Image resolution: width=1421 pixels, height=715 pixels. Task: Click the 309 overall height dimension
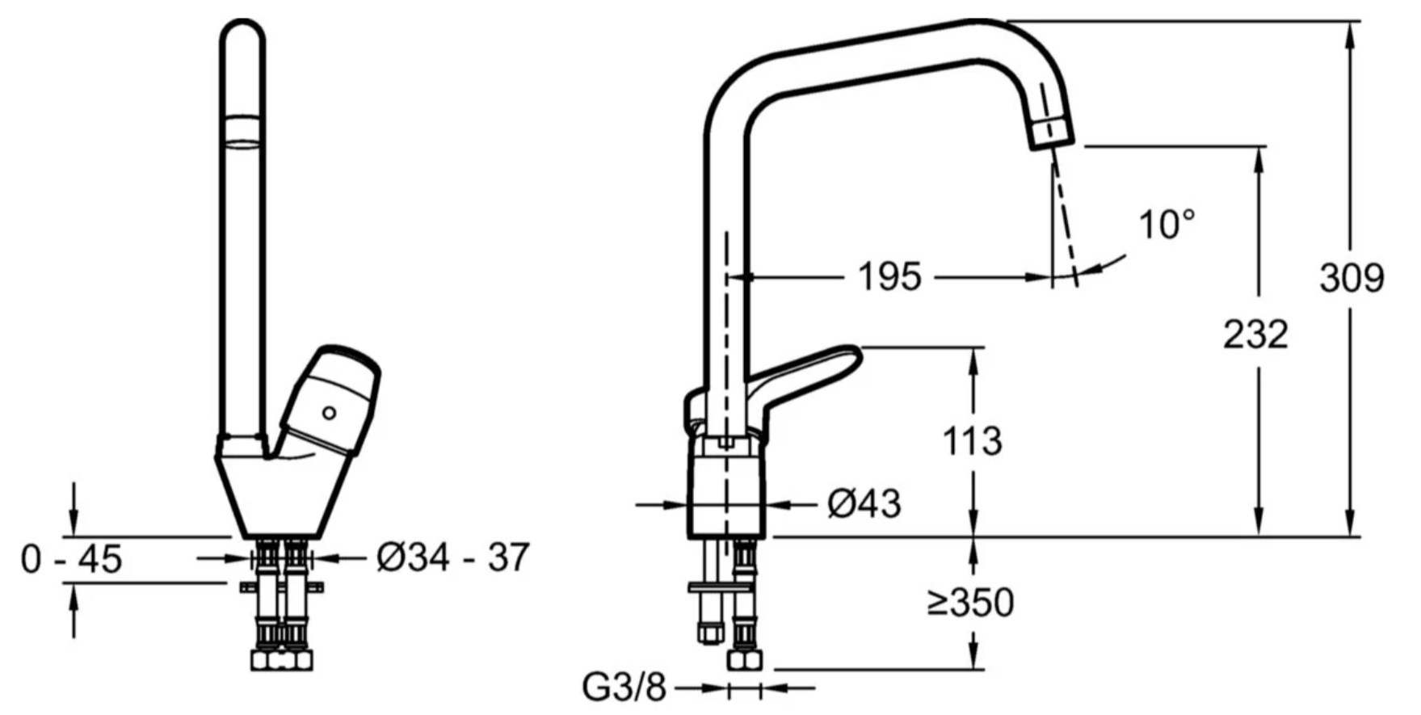coord(1352,278)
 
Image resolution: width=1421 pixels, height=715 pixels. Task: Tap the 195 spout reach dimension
coord(889,277)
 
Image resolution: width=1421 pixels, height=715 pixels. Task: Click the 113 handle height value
coord(973,441)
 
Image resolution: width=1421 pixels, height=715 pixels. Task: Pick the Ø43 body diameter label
coord(864,504)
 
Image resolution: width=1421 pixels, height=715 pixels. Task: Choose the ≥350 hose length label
coord(970,602)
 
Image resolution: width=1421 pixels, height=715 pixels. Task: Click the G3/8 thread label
coord(624,688)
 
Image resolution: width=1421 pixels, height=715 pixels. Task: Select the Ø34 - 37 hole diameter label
coord(453,557)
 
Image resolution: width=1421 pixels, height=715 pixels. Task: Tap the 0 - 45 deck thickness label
coord(72,558)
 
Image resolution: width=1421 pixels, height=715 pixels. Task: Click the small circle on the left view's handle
coord(329,413)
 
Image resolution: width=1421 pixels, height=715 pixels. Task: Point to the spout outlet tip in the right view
coord(1053,142)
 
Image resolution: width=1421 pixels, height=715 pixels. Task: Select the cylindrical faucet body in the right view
coord(727,489)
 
